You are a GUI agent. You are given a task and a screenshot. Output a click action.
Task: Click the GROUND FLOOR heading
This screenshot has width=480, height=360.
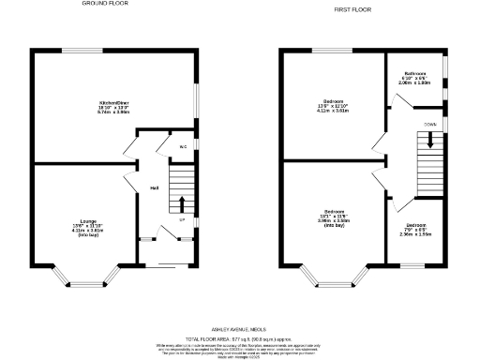(104, 4)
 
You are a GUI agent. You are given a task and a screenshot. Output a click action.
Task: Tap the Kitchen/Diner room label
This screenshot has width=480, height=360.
(114, 107)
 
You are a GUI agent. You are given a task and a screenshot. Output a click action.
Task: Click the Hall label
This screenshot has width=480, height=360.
(154, 188)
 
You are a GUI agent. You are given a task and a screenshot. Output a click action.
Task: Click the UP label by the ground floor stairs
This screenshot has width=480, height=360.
(183, 220)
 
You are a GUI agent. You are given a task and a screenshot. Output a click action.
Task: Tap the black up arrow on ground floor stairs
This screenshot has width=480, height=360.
(183, 203)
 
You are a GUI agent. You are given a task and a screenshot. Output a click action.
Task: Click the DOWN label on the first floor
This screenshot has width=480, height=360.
(429, 122)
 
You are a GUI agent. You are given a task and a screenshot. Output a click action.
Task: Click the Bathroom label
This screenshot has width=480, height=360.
(415, 77)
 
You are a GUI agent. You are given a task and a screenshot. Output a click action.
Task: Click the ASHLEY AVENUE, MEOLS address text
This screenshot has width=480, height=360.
(240, 329)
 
